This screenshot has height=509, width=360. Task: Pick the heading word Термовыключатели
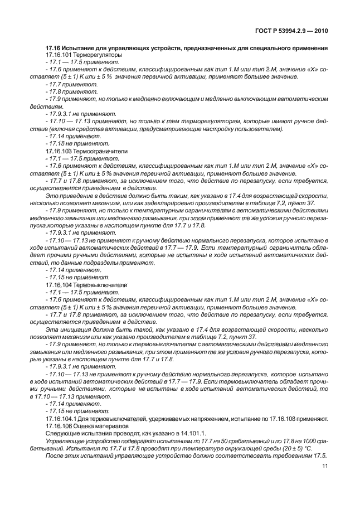101,284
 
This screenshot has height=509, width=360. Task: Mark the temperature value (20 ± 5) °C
291,447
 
